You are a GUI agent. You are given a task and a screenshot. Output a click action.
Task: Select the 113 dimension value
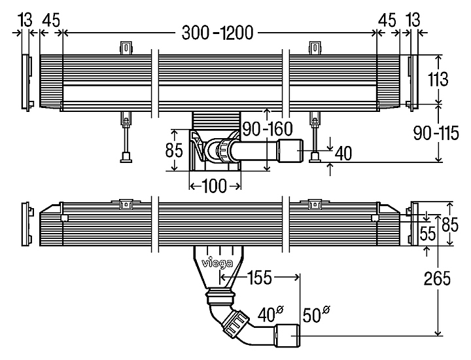(438, 80)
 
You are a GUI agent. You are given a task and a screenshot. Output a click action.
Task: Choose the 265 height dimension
(438, 279)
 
